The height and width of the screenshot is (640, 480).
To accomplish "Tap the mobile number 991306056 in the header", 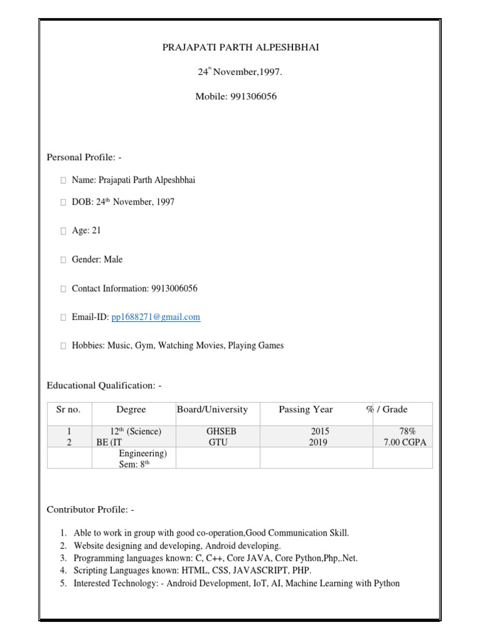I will coord(254,96).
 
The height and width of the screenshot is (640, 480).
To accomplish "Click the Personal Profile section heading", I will coord(88,157).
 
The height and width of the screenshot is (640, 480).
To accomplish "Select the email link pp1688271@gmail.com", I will coord(156,317).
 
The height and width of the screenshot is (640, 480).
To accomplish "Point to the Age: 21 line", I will coord(86,231).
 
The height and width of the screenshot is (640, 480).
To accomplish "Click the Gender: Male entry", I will coord(97,259).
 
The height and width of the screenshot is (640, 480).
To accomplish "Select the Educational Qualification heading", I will coord(104,386).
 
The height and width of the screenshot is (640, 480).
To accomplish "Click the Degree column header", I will coord(131,410).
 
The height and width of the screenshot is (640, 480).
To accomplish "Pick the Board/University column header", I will coord(212,410).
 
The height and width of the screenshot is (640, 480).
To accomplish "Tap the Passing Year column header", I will coord(306,410).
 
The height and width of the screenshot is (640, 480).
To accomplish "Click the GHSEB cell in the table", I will coord(221,432).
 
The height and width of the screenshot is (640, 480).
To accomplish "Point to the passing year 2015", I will coord(319,432).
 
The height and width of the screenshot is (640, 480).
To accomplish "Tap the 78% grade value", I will coord(407,432).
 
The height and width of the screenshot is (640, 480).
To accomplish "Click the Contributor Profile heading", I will coord(91,510).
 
